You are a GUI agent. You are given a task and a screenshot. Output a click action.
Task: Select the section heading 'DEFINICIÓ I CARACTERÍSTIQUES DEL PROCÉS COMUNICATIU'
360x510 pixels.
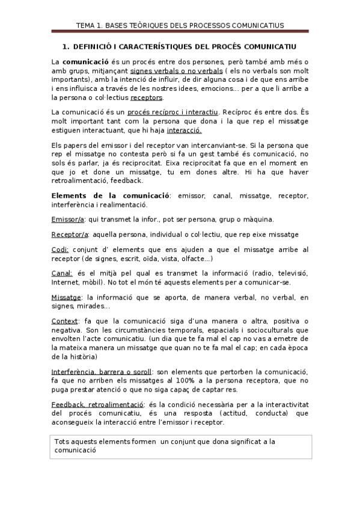click(x=184, y=46)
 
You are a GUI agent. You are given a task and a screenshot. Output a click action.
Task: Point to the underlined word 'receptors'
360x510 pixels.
click(x=146, y=97)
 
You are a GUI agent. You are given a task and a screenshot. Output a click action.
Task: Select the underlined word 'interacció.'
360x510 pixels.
click(x=184, y=130)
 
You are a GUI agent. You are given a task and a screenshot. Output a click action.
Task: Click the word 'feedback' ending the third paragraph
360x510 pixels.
click(x=125, y=180)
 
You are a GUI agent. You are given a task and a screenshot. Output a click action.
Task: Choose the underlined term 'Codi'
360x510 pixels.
click(x=60, y=250)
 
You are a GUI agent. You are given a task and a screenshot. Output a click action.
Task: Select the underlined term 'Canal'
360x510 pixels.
click(x=62, y=273)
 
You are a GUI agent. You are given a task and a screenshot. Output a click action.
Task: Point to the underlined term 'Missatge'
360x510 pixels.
click(x=67, y=297)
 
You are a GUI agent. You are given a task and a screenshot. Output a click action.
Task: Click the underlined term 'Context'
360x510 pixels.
click(x=64, y=321)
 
